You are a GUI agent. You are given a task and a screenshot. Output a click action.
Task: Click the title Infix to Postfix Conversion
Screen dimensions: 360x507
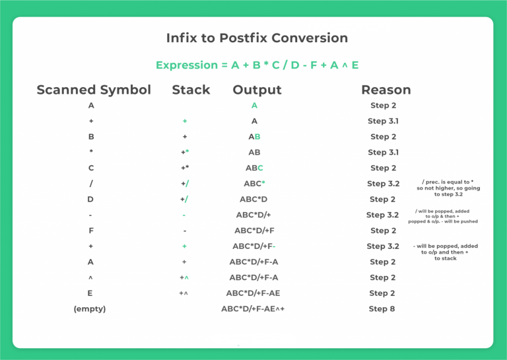click(x=257, y=38)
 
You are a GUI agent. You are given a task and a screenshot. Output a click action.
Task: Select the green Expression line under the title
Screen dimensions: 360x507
click(x=257, y=65)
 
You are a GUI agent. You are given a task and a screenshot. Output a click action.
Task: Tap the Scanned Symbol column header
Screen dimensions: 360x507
click(x=94, y=90)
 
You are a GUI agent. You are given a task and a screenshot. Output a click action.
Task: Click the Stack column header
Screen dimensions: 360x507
click(x=191, y=90)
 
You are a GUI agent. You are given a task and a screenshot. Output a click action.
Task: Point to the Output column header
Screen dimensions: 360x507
click(x=257, y=90)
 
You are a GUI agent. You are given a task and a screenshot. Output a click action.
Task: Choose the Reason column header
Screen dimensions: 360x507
click(x=386, y=90)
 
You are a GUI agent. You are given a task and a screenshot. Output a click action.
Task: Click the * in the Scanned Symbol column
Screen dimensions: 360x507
click(x=90, y=153)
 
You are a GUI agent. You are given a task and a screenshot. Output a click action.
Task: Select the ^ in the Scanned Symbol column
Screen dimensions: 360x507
click(x=90, y=277)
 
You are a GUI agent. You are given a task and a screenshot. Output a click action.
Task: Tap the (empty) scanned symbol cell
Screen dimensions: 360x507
click(x=90, y=308)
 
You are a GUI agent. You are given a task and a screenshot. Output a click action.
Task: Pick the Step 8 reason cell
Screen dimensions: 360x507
click(x=382, y=308)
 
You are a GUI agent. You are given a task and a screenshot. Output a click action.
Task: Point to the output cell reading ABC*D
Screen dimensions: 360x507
click(x=253, y=199)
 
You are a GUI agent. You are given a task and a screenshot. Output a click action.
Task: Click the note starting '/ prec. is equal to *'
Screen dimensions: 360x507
click(x=448, y=188)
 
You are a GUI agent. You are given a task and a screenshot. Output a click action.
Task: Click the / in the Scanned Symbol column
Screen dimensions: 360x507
click(x=90, y=184)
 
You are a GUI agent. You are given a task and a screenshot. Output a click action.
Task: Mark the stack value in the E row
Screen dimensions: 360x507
click(x=184, y=293)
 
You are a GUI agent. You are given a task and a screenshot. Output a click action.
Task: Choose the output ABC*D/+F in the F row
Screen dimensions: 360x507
click(x=253, y=231)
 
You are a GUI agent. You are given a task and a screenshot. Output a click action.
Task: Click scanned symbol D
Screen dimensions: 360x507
click(x=90, y=199)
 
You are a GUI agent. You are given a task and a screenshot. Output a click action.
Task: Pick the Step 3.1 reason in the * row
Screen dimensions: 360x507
click(x=383, y=153)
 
